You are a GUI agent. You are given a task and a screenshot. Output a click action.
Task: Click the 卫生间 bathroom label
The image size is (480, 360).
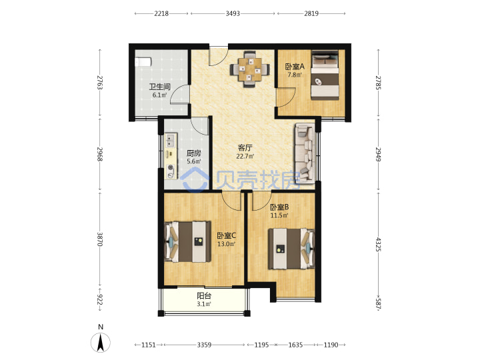159,87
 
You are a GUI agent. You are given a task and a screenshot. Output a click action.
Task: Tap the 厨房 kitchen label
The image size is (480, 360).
194,153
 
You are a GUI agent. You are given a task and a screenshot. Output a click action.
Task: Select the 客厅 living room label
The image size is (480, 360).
245,148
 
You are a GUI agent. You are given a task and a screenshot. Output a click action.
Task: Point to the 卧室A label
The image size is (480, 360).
295,67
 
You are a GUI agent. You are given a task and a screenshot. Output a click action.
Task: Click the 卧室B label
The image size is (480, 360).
279,207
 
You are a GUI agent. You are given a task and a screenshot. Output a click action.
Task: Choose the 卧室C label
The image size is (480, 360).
227,235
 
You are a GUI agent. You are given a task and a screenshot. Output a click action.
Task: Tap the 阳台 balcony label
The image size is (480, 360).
204,296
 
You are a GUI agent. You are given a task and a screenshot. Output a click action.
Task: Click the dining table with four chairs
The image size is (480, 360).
250,69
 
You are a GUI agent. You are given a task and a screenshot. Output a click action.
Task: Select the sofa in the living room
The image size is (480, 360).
305,153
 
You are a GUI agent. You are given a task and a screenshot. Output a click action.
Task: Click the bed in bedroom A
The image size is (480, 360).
325,75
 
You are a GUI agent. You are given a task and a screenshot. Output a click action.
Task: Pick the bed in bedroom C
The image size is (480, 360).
187,242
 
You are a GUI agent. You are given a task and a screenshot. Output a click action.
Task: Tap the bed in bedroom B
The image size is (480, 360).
291,249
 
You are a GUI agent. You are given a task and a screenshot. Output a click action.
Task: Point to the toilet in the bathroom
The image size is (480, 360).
143,61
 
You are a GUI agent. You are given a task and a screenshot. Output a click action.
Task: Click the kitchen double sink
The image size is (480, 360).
171,141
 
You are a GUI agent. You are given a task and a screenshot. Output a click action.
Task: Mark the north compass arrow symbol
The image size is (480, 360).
101,342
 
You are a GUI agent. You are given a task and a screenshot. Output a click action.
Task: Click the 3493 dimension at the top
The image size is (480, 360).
233,13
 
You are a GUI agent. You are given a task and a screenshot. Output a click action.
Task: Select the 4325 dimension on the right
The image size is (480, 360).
379,244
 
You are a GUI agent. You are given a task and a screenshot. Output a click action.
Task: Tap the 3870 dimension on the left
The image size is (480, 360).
100,239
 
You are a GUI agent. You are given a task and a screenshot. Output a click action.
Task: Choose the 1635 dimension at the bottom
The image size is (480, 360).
295,345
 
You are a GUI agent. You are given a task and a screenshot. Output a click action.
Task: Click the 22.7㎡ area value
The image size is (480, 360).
245,157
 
